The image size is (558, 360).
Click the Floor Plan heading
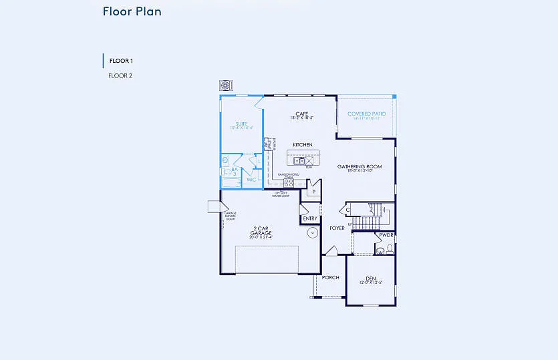[x=132, y=11]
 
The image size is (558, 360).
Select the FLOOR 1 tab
[x=120, y=61]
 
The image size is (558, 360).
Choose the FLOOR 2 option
[x=120, y=75]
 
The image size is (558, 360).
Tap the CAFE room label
[x=302, y=114]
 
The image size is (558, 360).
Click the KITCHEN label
[x=303, y=144]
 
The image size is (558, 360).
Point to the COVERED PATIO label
[x=367, y=114]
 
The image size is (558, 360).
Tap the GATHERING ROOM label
[x=360, y=167]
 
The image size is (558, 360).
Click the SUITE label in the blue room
[x=241, y=124]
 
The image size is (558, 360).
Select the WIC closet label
[x=251, y=179]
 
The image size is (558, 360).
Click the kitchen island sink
[x=300, y=160]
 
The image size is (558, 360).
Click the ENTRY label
[x=310, y=218]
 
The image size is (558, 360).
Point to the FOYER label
[x=337, y=228]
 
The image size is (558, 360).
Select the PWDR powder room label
[x=386, y=235]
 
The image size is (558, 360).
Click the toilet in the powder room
[x=381, y=250]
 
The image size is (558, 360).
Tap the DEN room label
[x=371, y=279]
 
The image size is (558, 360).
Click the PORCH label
[x=330, y=277]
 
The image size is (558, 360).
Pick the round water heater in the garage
[x=311, y=233]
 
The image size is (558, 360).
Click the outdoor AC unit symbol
[x=226, y=86]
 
